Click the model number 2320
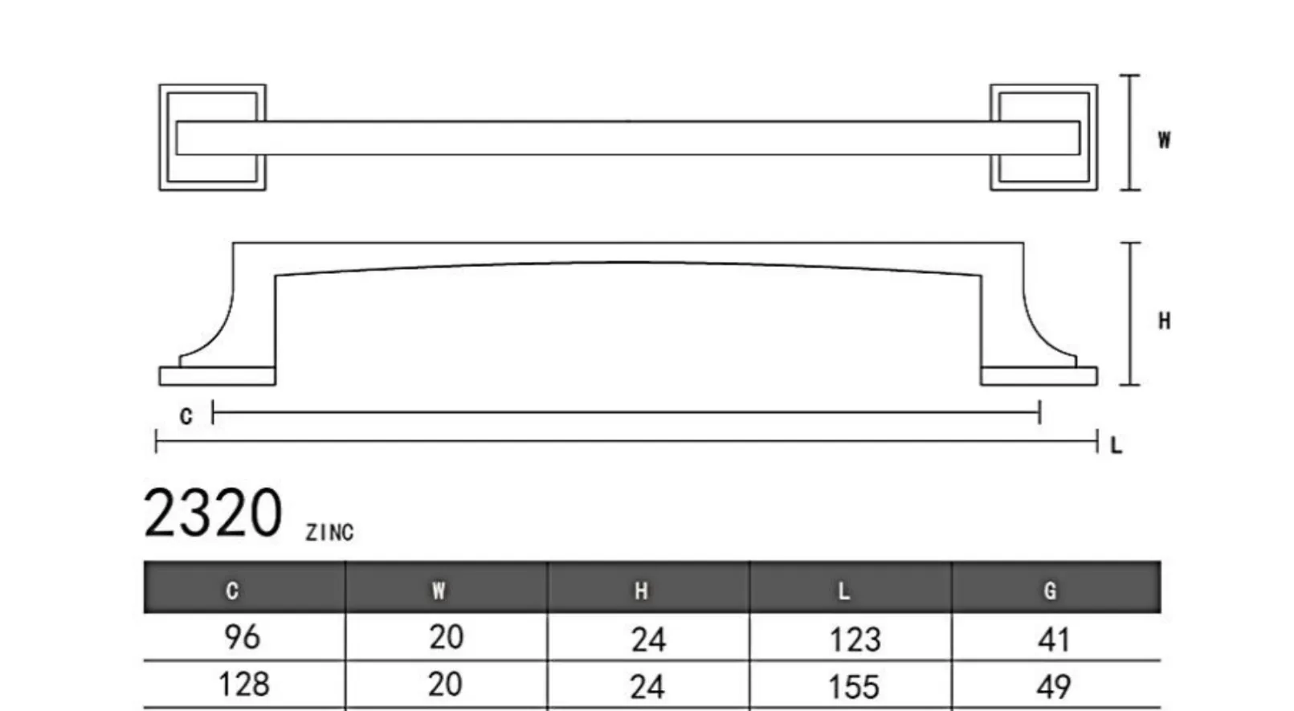coord(213,513)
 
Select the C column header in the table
coord(232,590)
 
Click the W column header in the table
coord(439,590)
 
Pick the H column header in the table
coord(641,590)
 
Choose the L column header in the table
coord(843,590)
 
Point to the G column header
coord(1050,590)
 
